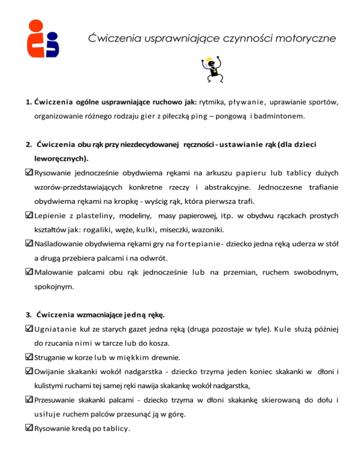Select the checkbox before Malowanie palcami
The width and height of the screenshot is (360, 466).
(29, 272)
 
